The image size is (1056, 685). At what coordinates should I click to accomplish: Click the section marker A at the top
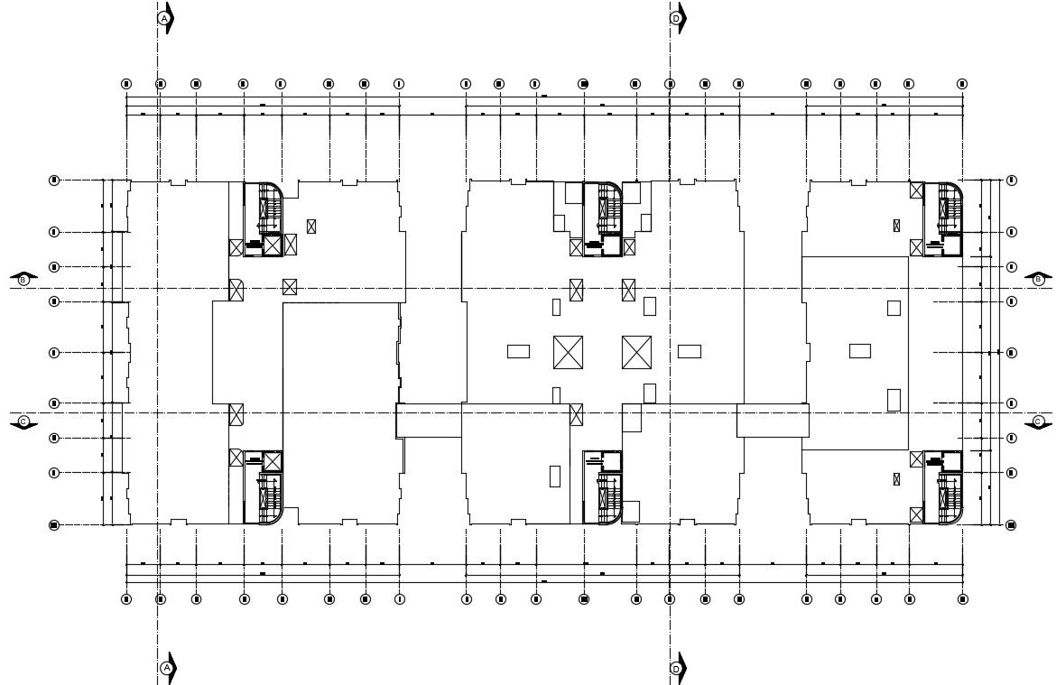(x=164, y=17)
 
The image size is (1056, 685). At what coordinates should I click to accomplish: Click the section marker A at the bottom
(x=166, y=668)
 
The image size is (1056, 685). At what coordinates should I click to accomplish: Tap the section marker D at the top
(x=676, y=17)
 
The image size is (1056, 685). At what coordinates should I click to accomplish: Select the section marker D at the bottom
(x=676, y=668)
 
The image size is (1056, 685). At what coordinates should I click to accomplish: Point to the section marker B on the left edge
(x=24, y=280)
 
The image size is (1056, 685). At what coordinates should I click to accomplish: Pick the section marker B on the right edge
(x=1038, y=280)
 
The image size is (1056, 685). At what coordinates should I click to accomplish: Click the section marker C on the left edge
(x=24, y=421)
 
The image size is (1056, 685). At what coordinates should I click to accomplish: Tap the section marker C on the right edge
(x=1038, y=421)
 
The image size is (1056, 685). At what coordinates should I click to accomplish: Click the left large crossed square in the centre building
(x=568, y=352)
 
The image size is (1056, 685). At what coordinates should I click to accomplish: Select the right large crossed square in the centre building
(x=636, y=352)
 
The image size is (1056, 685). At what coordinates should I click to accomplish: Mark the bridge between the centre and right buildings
(x=773, y=421)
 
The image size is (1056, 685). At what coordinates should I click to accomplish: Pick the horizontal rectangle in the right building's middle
(x=859, y=351)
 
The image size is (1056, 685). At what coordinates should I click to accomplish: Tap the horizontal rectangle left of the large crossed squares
(x=518, y=351)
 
